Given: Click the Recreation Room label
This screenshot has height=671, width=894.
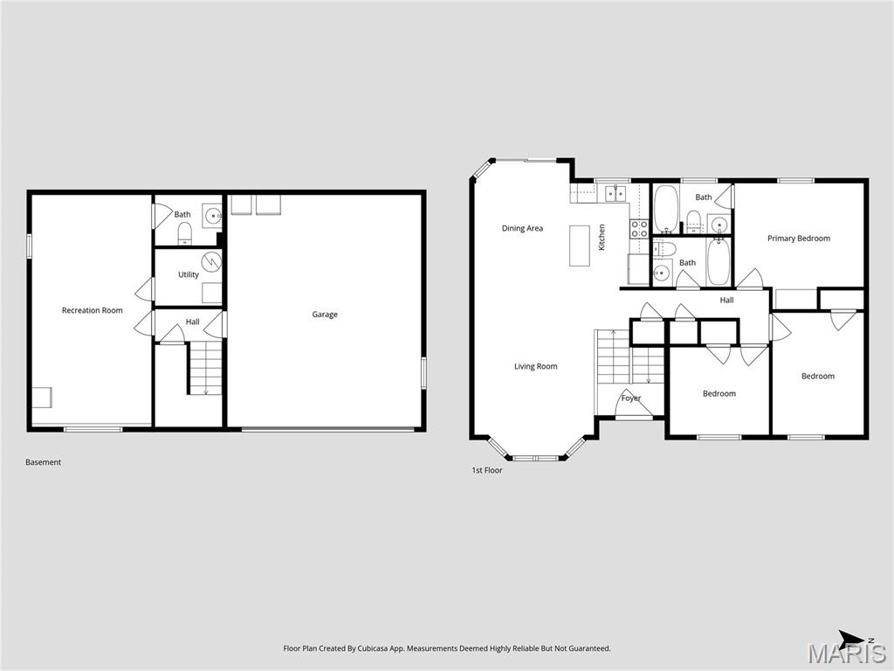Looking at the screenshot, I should click(x=92, y=310).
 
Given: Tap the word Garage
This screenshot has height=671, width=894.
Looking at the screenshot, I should click(x=325, y=315).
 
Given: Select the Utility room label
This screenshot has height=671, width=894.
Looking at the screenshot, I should click(x=189, y=274).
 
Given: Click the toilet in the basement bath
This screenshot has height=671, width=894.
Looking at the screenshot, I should click(x=184, y=232).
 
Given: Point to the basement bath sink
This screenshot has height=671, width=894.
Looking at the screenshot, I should click(x=212, y=215).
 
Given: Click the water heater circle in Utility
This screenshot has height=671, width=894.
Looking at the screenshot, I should click(x=211, y=261).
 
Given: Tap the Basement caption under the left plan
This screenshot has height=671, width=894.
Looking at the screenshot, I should click(x=43, y=462).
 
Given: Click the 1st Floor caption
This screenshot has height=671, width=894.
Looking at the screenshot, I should click(x=487, y=470).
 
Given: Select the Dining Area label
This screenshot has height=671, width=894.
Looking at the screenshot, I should click(x=522, y=229).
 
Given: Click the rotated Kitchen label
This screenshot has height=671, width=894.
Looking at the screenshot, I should click(x=602, y=238).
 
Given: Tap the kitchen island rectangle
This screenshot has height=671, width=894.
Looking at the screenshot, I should click(x=580, y=246).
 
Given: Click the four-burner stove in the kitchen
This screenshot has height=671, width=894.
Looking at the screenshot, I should click(x=640, y=229).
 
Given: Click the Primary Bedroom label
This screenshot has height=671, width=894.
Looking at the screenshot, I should click(x=799, y=239).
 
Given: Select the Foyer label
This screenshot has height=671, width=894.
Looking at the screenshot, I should click(x=631, y=398).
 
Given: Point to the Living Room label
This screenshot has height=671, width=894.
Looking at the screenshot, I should click(x=535, y=367).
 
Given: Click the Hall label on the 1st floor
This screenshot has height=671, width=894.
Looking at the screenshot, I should click(x=726, y=301).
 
